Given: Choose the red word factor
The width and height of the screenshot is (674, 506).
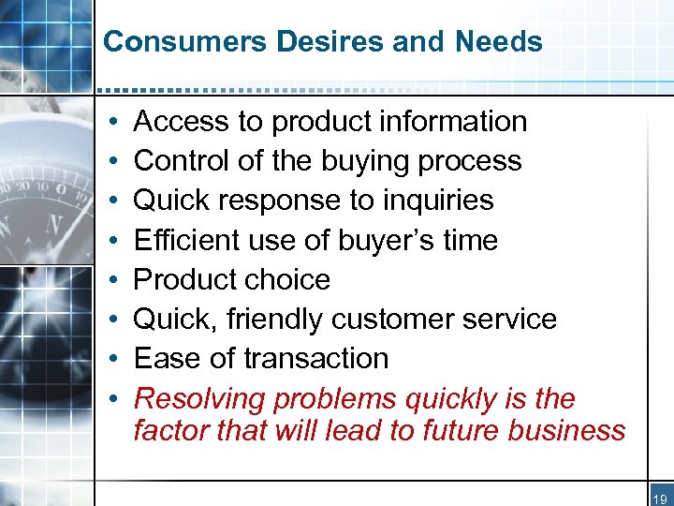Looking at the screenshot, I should tap(169, 430).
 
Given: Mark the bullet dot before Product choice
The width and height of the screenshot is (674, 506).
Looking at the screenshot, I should tap(111, 280).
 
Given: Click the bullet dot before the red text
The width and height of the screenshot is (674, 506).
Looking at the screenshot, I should tap(111, 400).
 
